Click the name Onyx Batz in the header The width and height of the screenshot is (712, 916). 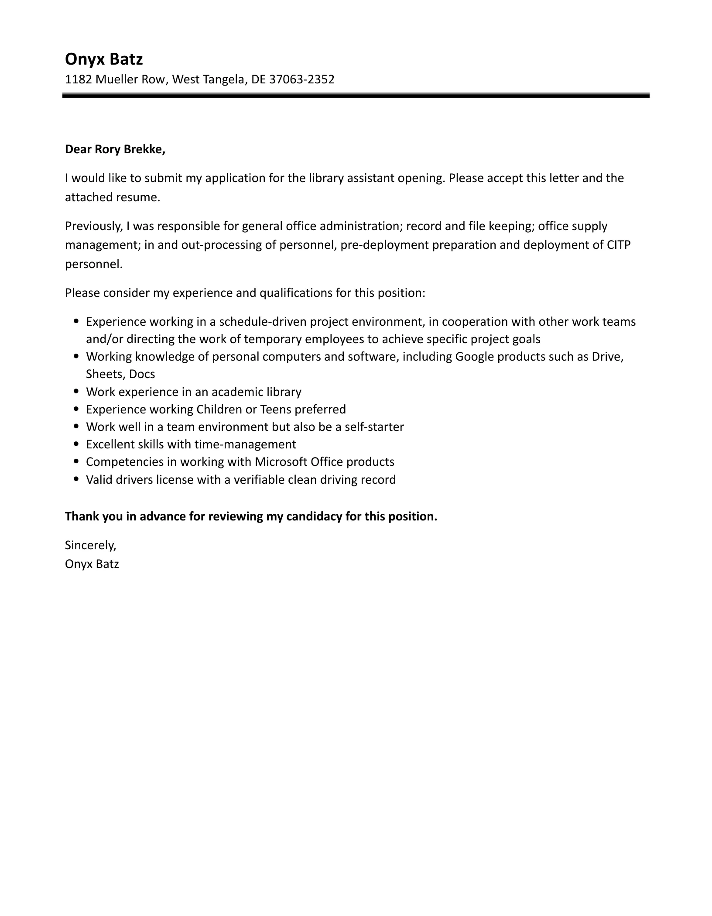(104, 59)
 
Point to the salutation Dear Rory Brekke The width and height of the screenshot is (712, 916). (115, 149)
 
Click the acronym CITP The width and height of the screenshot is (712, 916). (619, 245)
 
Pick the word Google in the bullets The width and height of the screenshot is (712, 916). (475, 357)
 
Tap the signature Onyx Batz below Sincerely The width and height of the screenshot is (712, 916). (92, 564)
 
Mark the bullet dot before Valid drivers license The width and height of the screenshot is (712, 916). (77, 479)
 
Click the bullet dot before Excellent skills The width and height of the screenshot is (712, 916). (77, 444)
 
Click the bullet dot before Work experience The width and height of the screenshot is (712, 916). (77, 392)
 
